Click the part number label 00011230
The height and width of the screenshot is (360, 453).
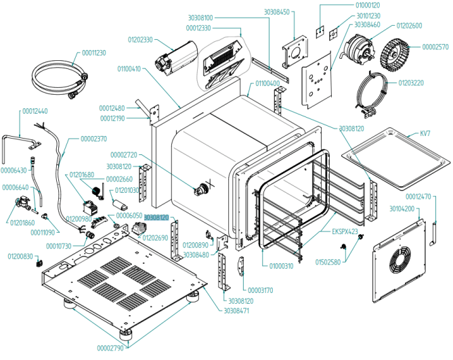(x=94, y=53)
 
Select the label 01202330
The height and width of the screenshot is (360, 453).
(x=139, y=40)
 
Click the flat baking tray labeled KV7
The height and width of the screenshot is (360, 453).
(x=396, y=156)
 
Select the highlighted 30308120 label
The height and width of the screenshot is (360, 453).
(x=156, y=218)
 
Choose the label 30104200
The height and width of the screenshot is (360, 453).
(x=402, y=209)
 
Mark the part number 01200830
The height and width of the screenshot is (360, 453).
(x=20, y=256)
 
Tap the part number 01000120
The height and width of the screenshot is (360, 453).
(x=368, y=5)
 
